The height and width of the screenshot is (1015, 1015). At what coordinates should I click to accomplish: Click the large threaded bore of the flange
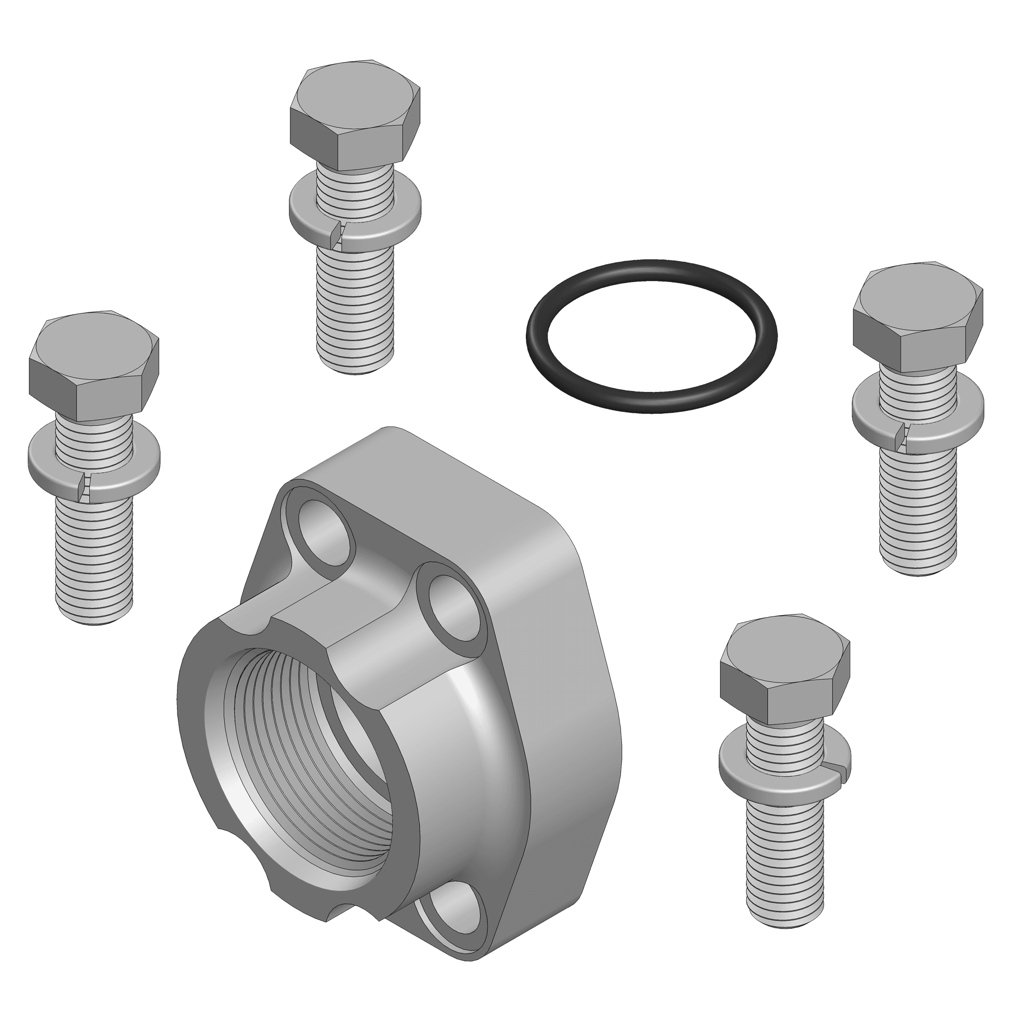point(305,746)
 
